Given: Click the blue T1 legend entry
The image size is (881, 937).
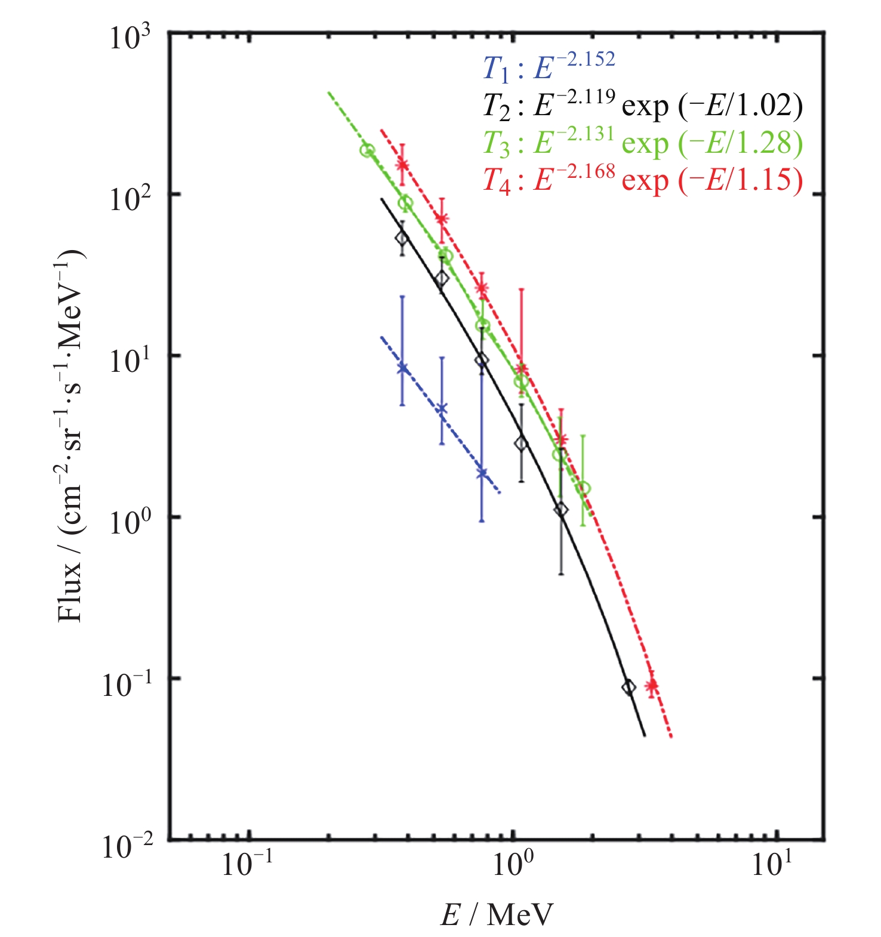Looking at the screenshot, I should pyautogui.click(x=548, y=67).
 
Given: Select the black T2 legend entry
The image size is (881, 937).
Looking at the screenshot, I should pyautogui.click(x=642, y=106).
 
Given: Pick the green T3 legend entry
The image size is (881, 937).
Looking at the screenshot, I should pyautogui.click(x=642, y=143).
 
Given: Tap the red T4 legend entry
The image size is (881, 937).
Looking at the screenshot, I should pyautogui.click(x=642, y=180).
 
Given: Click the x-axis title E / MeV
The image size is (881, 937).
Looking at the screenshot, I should pyautogui.click(x=497, y=914).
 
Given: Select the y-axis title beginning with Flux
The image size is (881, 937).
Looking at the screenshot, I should pyautogui.click(x=71, y=436).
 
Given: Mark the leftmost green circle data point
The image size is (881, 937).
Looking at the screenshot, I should pyautogui.click(x=367, y=150).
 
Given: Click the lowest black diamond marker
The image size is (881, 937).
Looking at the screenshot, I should pyautogui.click(x=628, y=687).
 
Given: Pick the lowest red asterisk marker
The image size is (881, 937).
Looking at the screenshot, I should pyautogui.click(x=652, y=685).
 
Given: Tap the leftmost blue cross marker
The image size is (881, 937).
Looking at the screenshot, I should pyautogui.click(x=402, y=368).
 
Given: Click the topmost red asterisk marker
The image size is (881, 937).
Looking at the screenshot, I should pyautogui.click(x=402, y=165).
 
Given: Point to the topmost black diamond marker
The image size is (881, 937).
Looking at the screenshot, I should pyautogui.click(x=402, y=238).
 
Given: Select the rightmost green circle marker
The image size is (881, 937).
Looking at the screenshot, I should pyautogui.click(x=584, y=488).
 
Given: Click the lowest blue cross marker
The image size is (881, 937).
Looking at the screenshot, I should pyautogui.click(x=482, y=473).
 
